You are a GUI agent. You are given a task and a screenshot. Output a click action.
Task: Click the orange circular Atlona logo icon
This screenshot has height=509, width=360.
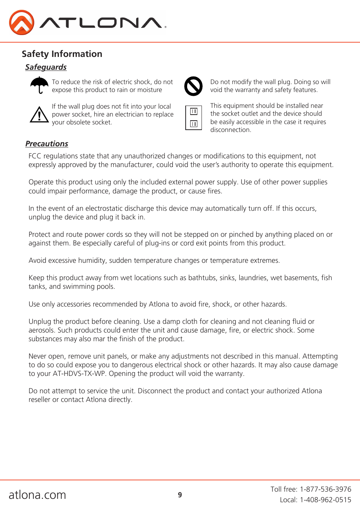(x=22, y=23)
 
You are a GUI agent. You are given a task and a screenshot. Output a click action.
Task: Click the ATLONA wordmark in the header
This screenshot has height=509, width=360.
(x=102, y=23)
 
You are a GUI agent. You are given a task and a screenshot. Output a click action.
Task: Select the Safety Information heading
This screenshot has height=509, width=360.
(x=62, y=54)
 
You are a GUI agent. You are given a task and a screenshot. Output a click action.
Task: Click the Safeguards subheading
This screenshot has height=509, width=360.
(x=46, y=67)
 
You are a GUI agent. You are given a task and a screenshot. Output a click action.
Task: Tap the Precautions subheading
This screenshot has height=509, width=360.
(x=46, y=144)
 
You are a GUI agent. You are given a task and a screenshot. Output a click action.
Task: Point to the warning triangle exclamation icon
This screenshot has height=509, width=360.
(x=39, y=115)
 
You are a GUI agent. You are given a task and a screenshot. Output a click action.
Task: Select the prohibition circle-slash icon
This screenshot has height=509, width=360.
(x=193, y=86)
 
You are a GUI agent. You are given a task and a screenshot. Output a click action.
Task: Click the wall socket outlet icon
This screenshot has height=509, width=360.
(x=194, y=118)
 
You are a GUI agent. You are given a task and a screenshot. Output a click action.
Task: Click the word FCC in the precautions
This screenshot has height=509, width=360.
(x=35, y=156)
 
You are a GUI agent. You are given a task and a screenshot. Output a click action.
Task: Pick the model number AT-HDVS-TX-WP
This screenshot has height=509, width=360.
(x=80, y=374)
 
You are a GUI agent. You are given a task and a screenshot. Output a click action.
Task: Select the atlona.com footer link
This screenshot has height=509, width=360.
(x=37, y=495)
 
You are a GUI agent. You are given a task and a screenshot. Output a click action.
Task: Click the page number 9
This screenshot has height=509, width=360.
(x=180, y=495)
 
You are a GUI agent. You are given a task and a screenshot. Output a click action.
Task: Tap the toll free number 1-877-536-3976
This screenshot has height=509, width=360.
(x=325, y=489)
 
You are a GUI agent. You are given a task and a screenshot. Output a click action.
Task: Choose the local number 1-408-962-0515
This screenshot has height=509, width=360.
(x=325, y=500)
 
